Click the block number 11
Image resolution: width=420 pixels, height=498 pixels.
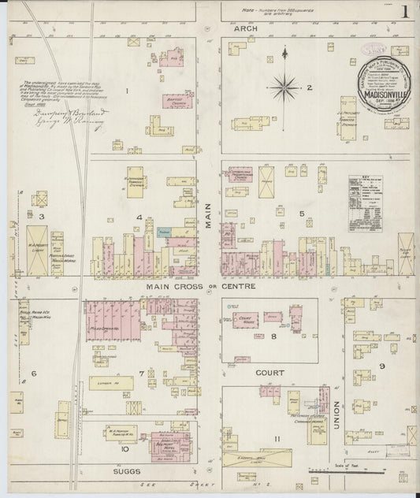[277, 438]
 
